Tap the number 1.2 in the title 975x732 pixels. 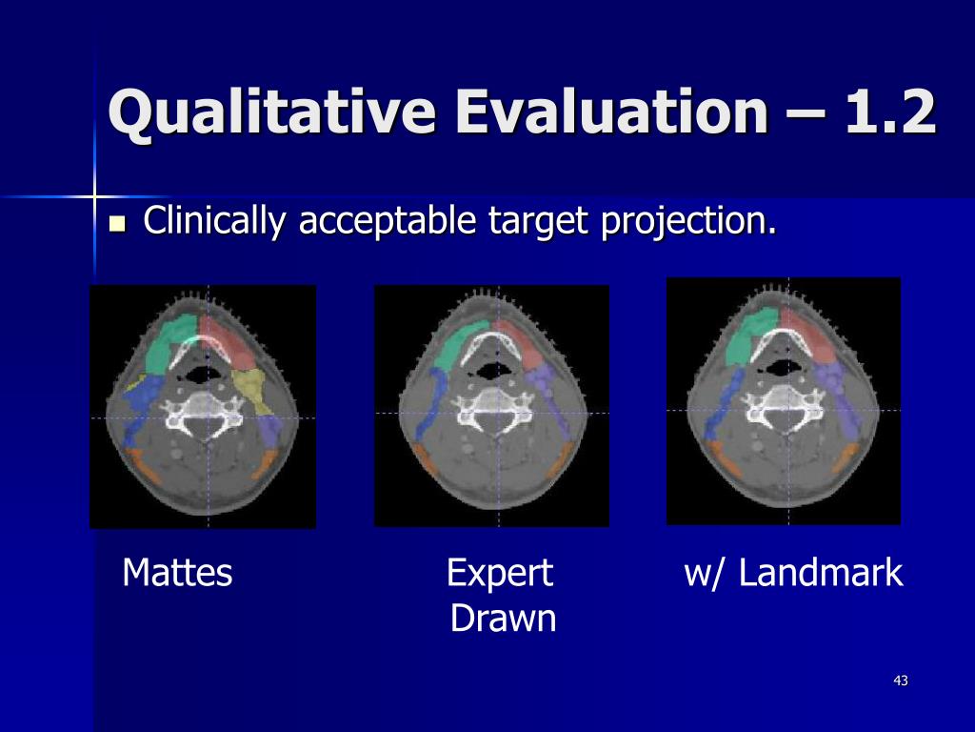click(x=890, y=112)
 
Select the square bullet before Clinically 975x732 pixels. click(x=117, y=223)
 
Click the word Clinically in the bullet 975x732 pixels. click(x=214, y=220)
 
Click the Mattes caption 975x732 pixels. click(x=177, y=573)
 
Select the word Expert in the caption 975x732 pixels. click(x=500, y=574)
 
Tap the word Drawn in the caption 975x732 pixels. click(x=503, y=619)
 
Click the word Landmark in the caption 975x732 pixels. click(x=820, y=573)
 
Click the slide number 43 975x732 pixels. click(x=901, y=681)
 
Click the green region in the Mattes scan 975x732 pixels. click(x=168, y=343)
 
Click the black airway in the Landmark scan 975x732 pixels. click(x=783, y=369)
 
